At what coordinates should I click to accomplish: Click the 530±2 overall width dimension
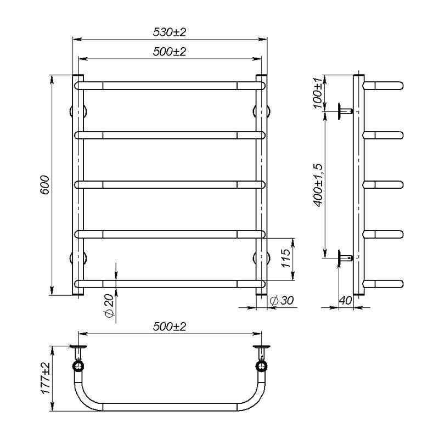coord(170,32)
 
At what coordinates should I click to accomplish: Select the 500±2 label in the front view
coord(170,52)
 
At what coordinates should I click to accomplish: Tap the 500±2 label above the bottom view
coord(170,327)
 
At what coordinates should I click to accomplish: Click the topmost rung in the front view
coord(170,86)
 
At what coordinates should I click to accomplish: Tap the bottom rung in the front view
coord(170,284)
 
